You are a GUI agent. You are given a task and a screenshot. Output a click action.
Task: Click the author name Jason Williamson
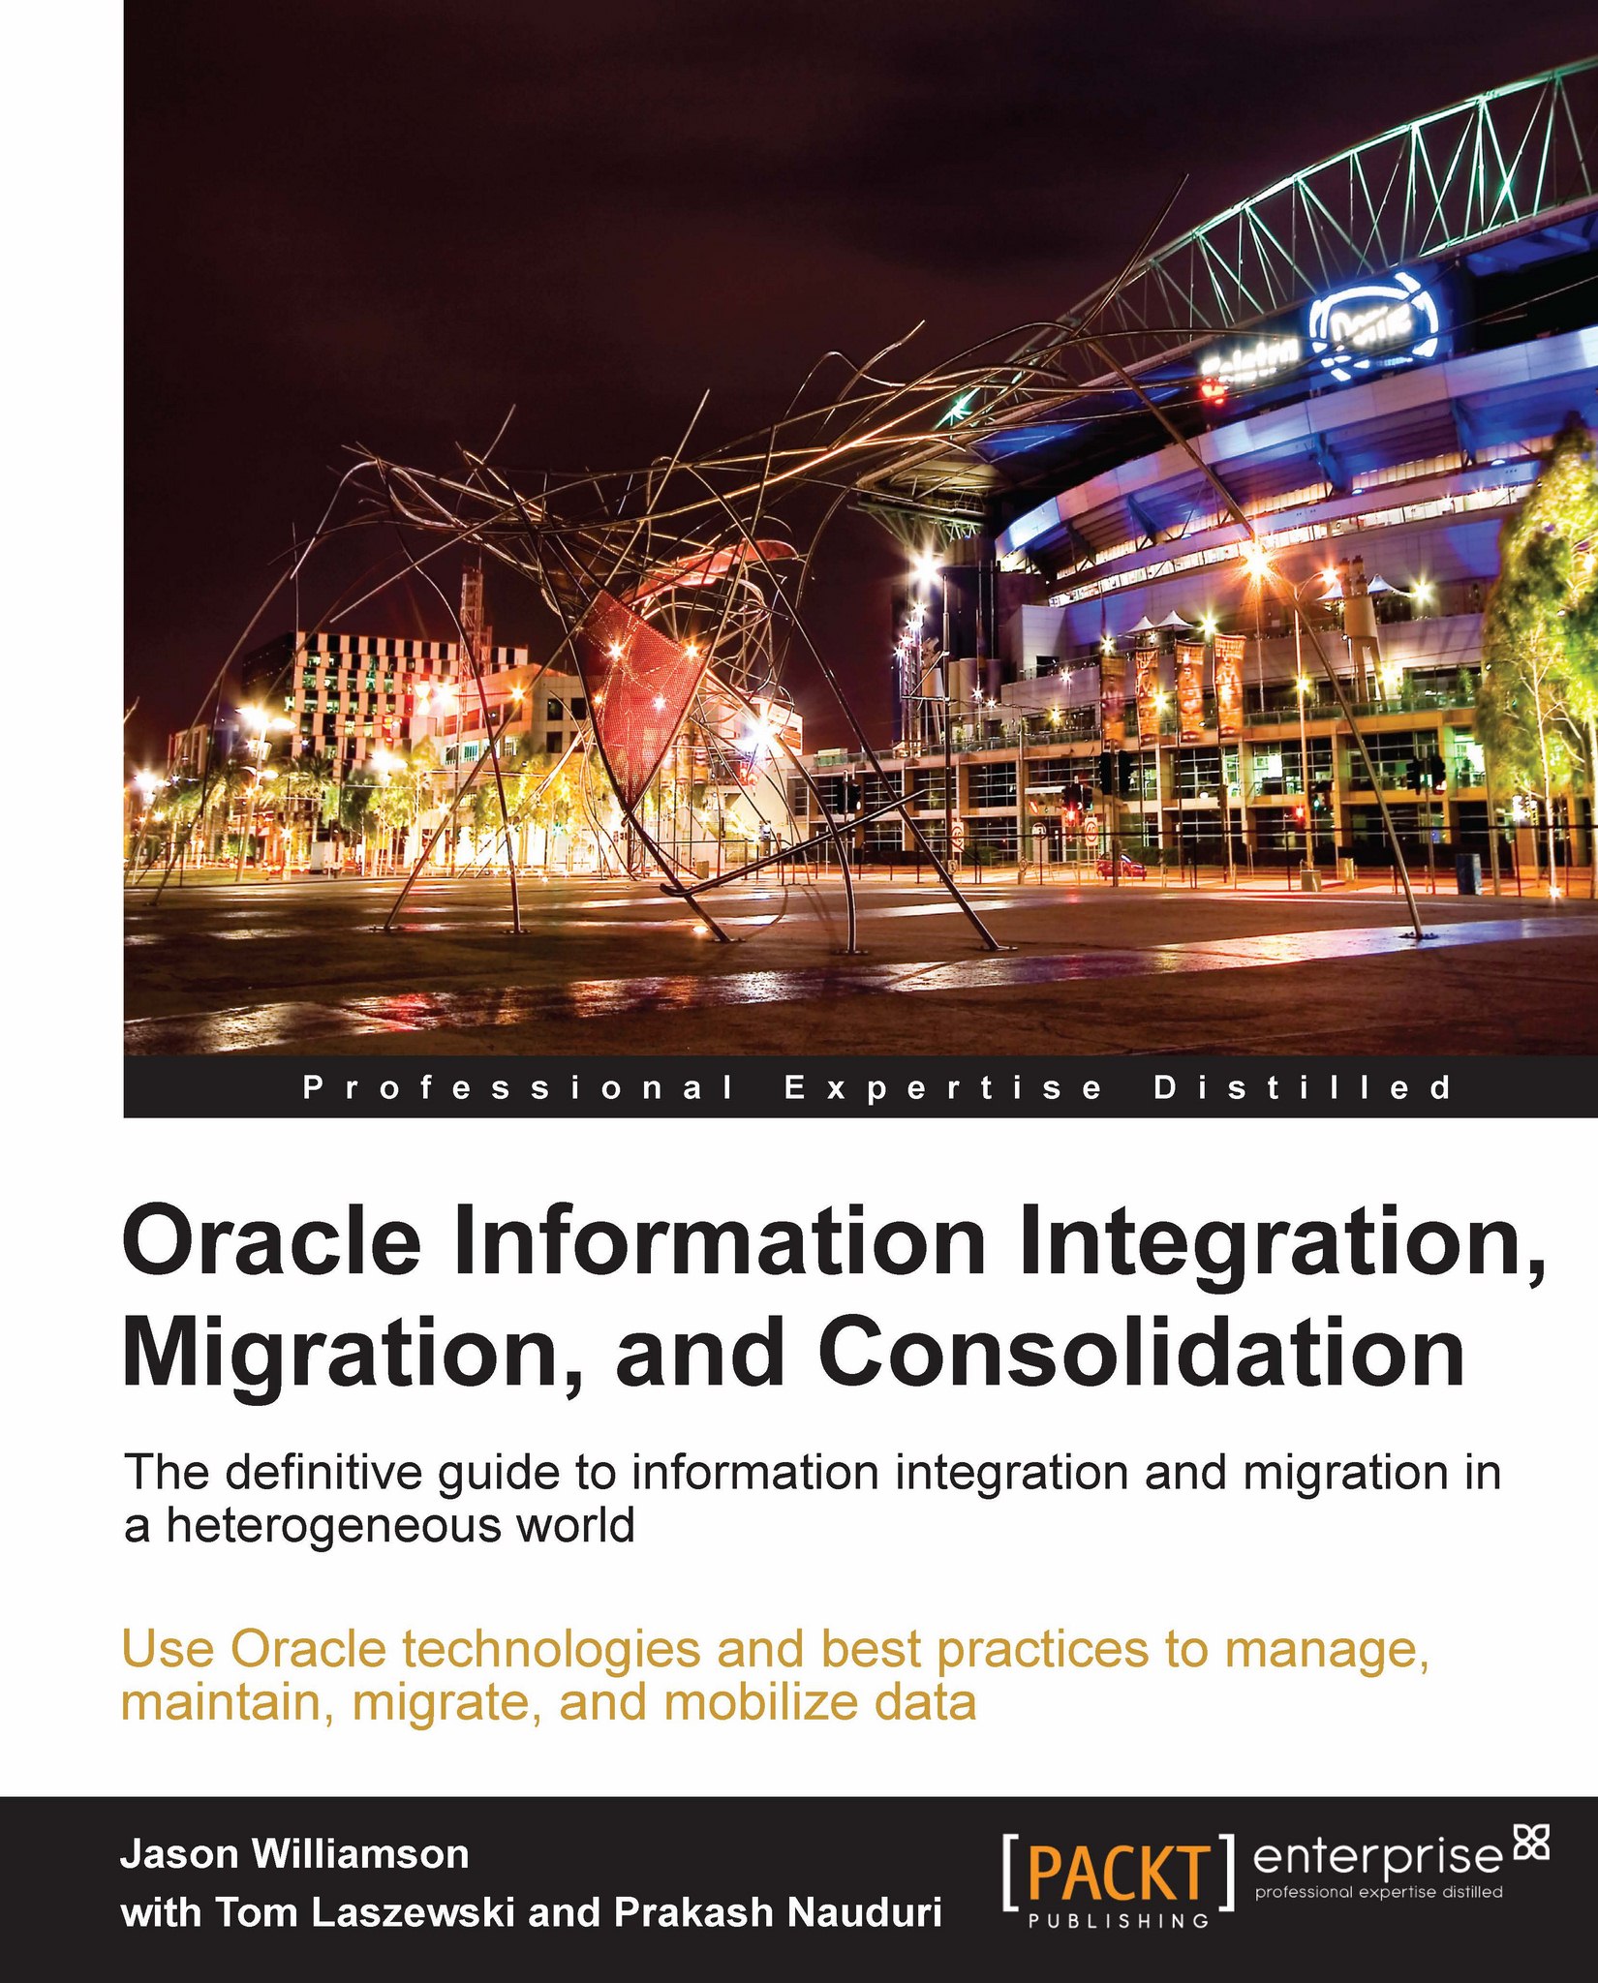(x=294, y=1854)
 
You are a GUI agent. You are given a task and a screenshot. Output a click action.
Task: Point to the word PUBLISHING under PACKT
(x=1119, y=1921)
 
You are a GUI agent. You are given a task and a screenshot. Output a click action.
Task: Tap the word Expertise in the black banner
(x=943, y=1088)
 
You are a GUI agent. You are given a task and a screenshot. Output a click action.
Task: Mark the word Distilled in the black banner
(x=1303, y=1088)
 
